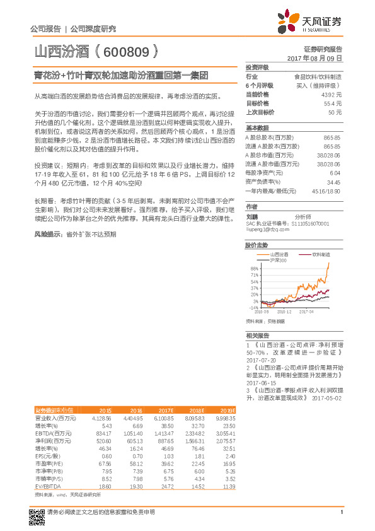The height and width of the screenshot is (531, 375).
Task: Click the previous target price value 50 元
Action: (335, 112)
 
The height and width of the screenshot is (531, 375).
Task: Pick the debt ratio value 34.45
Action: (334, 182)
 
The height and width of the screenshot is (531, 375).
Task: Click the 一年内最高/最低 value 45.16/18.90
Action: (326, 190)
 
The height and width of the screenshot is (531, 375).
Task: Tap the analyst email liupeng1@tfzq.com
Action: (268, 231)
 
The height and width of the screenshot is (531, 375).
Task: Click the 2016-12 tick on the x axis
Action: (284, 311)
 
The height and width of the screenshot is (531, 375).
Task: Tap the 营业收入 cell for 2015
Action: (101, 417)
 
